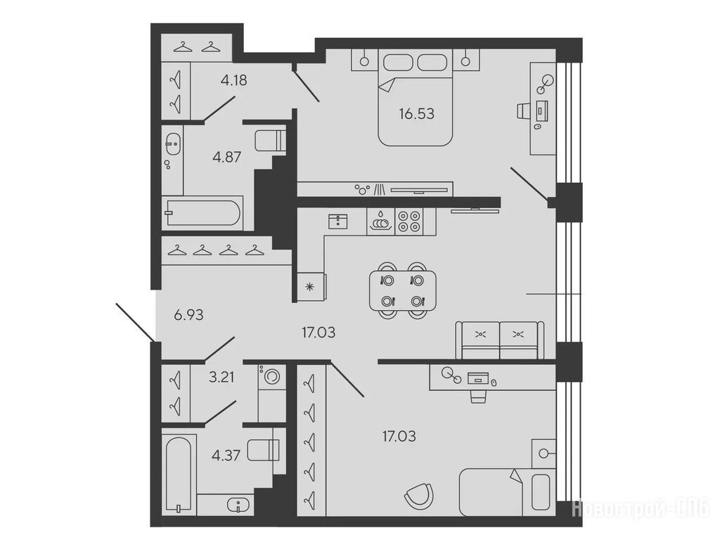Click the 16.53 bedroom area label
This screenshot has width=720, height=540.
coord(416,113)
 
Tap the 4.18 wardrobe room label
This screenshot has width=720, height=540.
coord(233,80)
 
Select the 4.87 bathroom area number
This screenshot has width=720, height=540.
coord(227,157)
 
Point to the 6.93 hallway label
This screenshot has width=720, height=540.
coord(188,315)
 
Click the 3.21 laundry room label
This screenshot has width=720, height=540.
coord(221,378)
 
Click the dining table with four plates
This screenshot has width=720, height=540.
coord(403,290)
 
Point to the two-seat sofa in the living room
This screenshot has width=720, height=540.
coord(500,340)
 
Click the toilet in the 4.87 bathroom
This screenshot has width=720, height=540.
coord(270,141)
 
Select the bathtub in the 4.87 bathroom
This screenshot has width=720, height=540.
coord(202,212)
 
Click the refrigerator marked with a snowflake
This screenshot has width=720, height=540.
coord(311,287)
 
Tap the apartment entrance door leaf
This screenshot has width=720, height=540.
coord(135,322)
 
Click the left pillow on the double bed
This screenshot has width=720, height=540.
coord(398,63)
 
